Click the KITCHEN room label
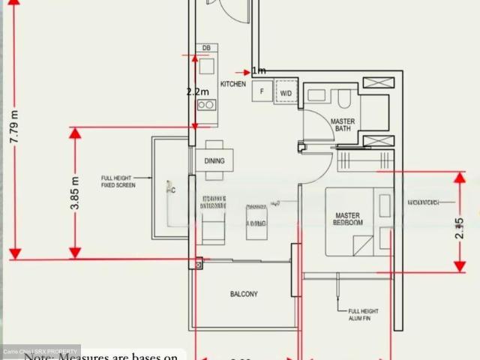click(x=232, y=84)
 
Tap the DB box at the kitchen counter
click(x=206, y=48)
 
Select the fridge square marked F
click(x=262, y=92)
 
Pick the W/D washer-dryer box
click(x=286, y=92)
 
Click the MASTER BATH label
click(x=343, y=124)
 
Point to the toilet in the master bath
click(x=345, y=98)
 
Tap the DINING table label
click(x=214, y=160)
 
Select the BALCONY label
click(x=244, y=294)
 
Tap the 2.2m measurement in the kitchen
click(x=198, y=91)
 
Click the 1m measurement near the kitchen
click(x=259, y=70)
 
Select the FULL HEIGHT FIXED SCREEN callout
click(x=118, y=181)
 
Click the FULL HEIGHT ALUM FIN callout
click(x=364, y=314)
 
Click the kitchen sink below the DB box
click(x=206, y=67)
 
